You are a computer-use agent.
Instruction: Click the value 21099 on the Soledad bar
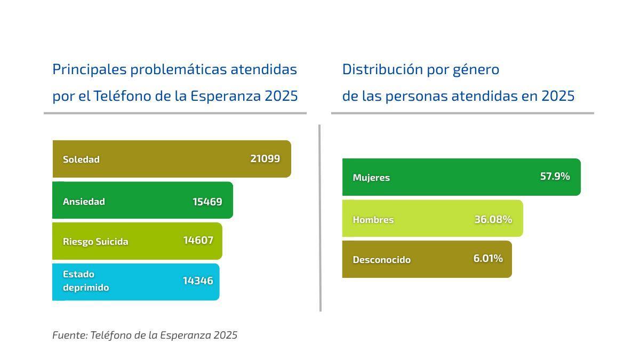click(x=265, y=158)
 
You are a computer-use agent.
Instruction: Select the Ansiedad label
click(x=84, y=201)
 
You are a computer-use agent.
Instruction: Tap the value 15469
click(x=207, y=202)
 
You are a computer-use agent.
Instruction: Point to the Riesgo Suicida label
click(x=95, y=241)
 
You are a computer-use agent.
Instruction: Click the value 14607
click(x=198, y=240)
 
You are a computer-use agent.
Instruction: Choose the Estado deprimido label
click(x=86, y=281)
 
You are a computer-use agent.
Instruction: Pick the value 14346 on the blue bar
click(x=198, y=281)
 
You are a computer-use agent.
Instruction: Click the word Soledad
click(x=81, y=159)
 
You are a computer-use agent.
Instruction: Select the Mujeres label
click(x=371, y=177)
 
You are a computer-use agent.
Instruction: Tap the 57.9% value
click(x=555, y=176)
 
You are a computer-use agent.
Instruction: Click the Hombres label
click(x=373, y=219)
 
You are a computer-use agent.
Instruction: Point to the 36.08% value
click(x=493, y=219)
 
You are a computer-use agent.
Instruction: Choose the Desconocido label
click(x=381, y=259)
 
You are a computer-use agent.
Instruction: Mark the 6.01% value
click(x=488, y=258)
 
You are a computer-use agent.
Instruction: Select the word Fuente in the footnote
click(x=69, y=335)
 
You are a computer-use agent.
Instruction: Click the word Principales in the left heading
click(x=89, y=69)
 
